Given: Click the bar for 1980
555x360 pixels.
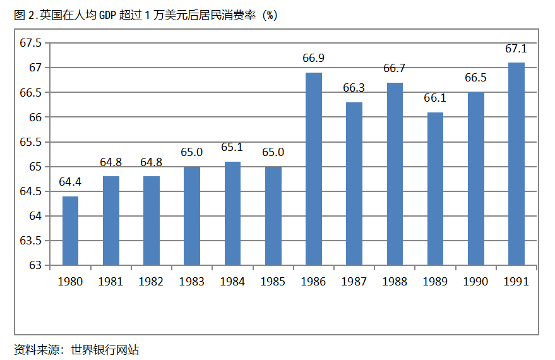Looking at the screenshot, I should click(70, 231).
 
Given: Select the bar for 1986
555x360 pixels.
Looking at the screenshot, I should click(314, 169).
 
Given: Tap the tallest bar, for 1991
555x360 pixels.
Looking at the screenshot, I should click(516, 164).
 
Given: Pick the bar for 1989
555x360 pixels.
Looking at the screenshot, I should click(435, 189).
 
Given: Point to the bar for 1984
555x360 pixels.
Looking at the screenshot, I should click(232, 213).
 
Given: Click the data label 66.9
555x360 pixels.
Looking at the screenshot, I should click(314, 58).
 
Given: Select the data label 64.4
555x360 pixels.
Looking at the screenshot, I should click(70, 182).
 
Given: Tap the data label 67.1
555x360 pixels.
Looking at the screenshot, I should click(516, 49).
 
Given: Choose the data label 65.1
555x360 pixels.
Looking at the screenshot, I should click(232, 147).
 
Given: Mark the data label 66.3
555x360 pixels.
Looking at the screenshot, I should click(354, 88).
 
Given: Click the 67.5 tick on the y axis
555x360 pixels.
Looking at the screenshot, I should click(30, 43).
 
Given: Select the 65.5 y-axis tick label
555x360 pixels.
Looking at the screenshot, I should click(30, 142).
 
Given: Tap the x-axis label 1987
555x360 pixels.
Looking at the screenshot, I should click(354, 282).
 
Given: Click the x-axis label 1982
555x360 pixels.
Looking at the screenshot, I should click(151, 282).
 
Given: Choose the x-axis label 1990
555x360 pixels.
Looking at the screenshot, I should click(476, 282).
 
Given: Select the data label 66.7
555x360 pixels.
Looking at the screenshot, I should click(395, 68).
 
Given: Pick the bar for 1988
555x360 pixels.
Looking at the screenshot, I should click(395, 174).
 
